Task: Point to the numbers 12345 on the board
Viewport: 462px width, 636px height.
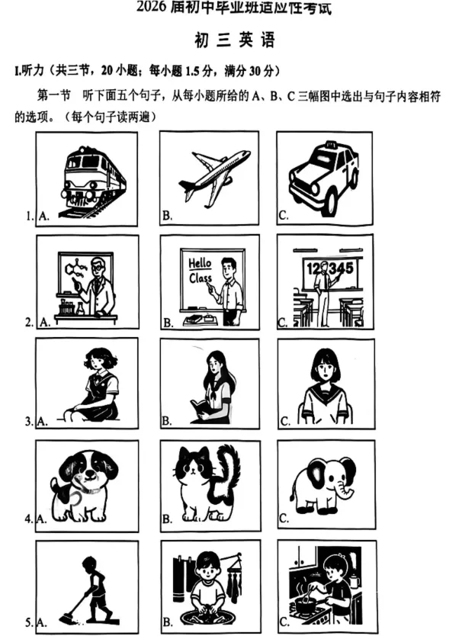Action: pos(329,268)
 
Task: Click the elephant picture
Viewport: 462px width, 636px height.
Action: pos(324,484)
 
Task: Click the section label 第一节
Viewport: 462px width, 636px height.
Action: pos(53,96)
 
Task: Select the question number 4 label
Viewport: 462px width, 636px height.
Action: pos(28,519)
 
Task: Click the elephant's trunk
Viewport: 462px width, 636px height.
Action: pos(350,489)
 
